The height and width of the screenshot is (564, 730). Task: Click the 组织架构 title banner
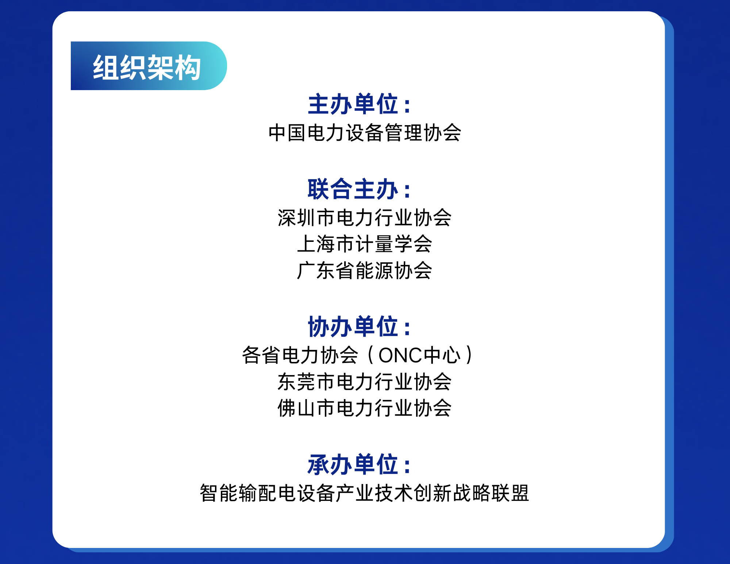(149, 66)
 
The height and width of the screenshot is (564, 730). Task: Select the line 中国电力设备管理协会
(365, 133)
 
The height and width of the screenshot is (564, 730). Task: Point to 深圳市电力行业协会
(365, 218)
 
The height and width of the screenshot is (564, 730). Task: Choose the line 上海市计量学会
(365, 244)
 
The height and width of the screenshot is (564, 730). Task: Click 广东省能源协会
(365, 271)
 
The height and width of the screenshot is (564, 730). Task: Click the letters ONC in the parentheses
(400, 355)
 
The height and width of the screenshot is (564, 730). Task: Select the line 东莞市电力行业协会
(365, 382)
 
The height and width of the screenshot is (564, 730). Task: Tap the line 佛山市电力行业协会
(365, 408)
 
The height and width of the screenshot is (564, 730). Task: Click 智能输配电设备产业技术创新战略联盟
(365, 493)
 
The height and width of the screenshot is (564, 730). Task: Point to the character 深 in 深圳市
(287, 218)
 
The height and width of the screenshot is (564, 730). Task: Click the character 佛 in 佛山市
(287, 408)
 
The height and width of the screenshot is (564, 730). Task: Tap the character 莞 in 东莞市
(306, 382)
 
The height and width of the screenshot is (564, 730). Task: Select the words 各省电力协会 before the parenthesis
(300, 355)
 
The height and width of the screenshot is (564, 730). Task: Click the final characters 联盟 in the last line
(511, 493)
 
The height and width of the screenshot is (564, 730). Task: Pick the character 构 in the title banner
(188, 67)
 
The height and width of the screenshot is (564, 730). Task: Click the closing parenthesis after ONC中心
(469, 355)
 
